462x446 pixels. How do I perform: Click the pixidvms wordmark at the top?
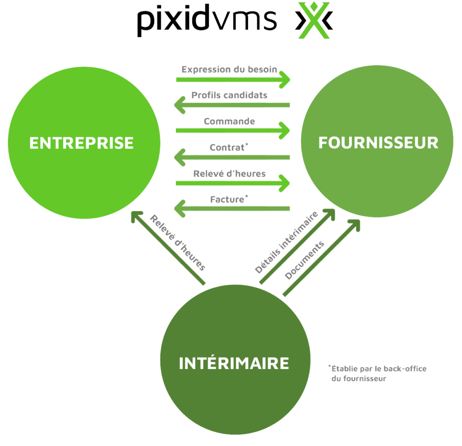coord(207,21)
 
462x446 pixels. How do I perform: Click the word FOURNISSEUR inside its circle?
coord(378,142)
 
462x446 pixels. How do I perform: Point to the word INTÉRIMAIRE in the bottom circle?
coord(234,363)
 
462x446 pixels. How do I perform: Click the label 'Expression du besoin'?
coord(229,70)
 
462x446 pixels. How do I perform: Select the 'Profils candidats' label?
coord(229,96)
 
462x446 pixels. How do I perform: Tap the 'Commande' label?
coord(229,122)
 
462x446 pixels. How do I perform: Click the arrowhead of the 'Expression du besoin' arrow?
coord(285,80)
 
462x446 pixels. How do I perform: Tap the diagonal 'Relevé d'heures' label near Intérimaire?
coord(178,243)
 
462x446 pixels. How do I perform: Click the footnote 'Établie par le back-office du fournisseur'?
coord(378,373)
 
